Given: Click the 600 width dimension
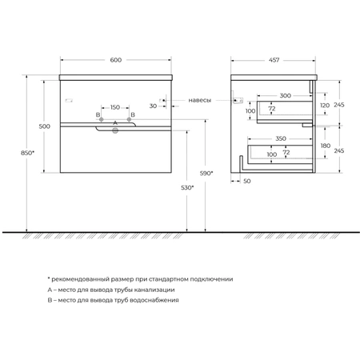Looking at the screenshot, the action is click(x=116, y=60).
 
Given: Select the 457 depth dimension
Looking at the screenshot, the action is click(x=274, y=60).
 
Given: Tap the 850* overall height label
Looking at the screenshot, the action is click(x=28, y=153).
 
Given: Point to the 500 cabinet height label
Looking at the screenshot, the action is click(x=44, y=126).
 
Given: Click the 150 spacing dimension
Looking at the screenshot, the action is click(x=115, y=107).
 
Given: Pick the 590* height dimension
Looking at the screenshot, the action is click(x=206, y=174).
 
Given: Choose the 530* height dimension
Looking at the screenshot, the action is click(x=187, y=188).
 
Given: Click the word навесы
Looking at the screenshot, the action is click(x=200, y=100).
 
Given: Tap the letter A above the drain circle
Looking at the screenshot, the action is click(x=115, y=123).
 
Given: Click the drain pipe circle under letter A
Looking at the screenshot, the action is click(x=115, y=130).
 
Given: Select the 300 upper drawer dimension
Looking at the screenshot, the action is click(x=285, y=95).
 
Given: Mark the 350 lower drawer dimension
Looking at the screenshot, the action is click(x=281, y=138).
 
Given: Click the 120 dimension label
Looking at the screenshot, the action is click(x=325, y=106).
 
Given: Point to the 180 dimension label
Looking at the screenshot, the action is click(x=326, y=146).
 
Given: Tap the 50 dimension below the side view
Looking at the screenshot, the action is click(x=247, y=181).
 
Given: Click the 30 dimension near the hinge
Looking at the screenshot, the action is click(x=153, y=106).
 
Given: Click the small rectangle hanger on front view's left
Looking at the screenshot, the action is click(x=69, y=101).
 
